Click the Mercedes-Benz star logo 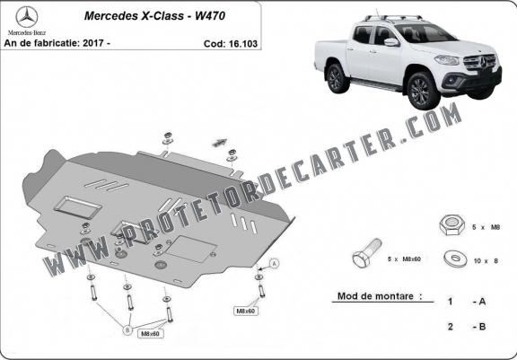(27, 17)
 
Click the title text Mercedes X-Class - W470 (154, 16)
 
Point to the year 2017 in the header (93, 43)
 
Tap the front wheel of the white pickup (423, 91)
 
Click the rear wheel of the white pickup (337, 78)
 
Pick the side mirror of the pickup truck (391, 42)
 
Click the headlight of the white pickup (447, 60)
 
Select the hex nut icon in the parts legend (451, 224)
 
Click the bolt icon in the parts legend (367, 252)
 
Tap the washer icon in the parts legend (456, 259)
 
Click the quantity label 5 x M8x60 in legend (404, 259)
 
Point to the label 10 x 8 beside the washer (486, 261)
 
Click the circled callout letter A (275, 263)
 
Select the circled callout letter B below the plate (128, 329)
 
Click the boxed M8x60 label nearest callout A (246, 311)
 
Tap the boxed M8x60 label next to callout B (151, 334)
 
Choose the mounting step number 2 (451, 327)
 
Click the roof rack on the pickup (393, 17)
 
